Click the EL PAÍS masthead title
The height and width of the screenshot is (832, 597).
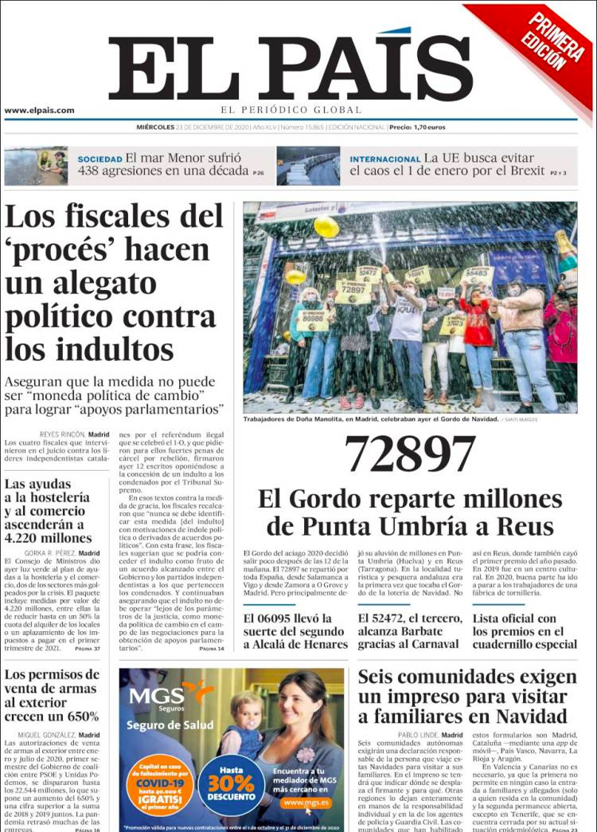[x=291, y=69]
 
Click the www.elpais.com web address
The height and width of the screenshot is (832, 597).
[x=39, y=111]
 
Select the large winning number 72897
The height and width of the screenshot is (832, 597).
[x=410, y=455]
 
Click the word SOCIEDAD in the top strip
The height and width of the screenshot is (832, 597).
[x=99, y=159]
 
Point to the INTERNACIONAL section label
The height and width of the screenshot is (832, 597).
[x=384, y=159]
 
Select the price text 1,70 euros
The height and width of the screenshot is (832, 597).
[x=430, y=128]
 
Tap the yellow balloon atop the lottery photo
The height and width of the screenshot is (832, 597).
[x=326, y=228]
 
